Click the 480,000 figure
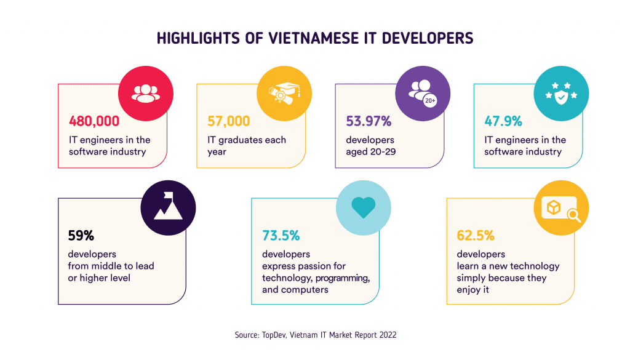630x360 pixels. point(94,121)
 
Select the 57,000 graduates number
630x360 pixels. point(229,121)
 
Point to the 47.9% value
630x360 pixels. point(503,121)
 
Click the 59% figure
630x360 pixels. point(81,235)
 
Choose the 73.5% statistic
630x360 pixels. point(281,235)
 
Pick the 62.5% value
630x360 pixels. point(476,235)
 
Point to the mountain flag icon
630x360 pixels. point(168,207)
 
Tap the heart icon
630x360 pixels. point(362,207)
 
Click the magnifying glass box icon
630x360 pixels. point(560,207)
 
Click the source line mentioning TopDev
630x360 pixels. point(315,335)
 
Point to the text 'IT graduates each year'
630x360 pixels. point(247,145)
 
